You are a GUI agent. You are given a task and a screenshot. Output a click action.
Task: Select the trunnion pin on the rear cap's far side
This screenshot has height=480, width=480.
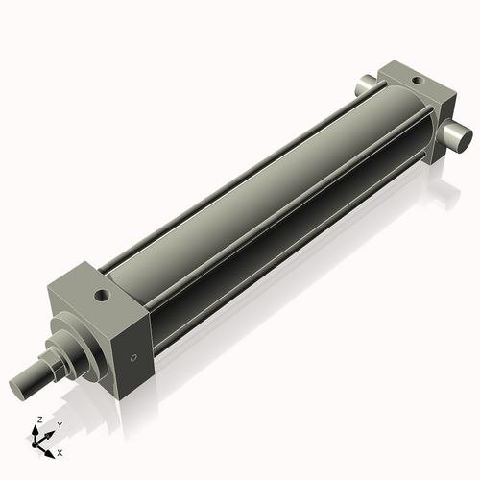pyautogui.click(x=366, y=87)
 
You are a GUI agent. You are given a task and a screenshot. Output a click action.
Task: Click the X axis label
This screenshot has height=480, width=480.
pyautogui.click(x=60, y=451)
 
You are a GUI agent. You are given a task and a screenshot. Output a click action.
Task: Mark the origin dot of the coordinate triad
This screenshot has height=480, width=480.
pyautogui.click(x=41, y=441)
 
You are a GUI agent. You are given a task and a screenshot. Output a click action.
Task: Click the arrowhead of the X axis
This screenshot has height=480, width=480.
pyautogui.click(x=51, y=448)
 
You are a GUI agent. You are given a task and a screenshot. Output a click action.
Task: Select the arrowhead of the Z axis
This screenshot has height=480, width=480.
pyautogui.click(x=38, y=429)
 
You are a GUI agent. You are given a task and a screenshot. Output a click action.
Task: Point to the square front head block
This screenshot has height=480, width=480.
pyautogui.click(x=106, y=317)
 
